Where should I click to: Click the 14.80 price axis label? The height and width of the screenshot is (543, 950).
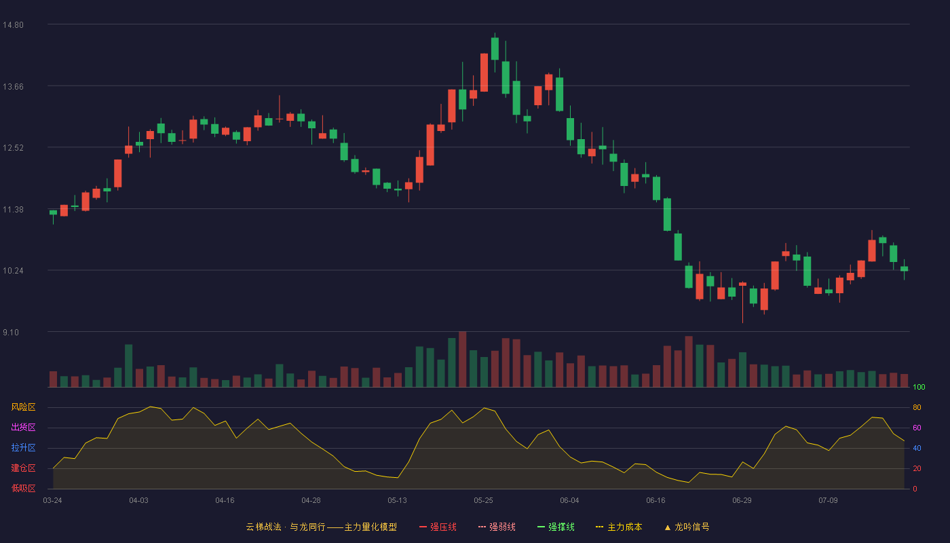13,25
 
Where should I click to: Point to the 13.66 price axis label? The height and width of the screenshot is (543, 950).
13,87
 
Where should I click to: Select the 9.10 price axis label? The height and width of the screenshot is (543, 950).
11,332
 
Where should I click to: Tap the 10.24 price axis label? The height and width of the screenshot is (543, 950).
13,271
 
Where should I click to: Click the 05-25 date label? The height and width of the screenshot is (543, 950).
483,501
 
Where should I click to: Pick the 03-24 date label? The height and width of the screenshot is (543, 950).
53,501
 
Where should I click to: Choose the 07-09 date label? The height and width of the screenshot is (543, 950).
829,501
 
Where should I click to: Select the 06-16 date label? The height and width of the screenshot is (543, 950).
655,501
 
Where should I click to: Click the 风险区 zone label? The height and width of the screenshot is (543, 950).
23,407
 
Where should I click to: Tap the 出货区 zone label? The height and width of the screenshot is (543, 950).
23,427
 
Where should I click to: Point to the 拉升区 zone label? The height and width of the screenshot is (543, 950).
23,447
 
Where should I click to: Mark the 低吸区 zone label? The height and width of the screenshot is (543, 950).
23,488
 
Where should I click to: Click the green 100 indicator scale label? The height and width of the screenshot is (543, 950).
919,387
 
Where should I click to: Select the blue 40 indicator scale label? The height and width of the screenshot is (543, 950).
917,448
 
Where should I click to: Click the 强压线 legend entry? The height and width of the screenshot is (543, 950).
438,527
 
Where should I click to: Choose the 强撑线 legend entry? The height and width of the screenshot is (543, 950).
556,527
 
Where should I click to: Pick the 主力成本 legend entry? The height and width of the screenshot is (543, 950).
619,527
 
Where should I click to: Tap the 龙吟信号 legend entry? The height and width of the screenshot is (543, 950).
687,527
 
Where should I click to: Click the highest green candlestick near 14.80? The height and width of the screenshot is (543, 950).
495,49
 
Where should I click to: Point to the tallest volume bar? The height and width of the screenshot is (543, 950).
463,359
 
